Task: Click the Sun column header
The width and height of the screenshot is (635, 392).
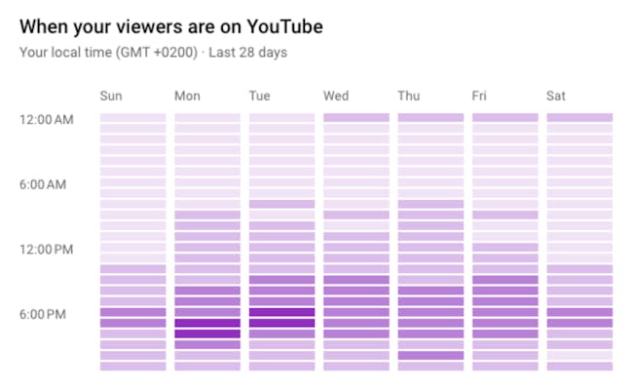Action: pyautogui.click(x=111, y=96)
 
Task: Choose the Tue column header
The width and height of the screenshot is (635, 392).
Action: pyautogui.click(x=259, y=96)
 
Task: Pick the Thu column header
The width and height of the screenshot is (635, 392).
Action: pyautogui.click(x=408, y=96)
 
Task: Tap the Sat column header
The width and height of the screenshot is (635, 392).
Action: pyautogui.click(x=556, y=96)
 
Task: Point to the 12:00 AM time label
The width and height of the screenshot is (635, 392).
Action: pyautogui.click(x=46, y=119)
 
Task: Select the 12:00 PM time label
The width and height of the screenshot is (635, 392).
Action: pyautogui.click(x=46, y=249)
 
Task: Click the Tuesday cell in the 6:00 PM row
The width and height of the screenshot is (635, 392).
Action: pyautogui.click(x=281, y=313)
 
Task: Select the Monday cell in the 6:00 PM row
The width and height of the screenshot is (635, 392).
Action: pyautogui.click(x=207, y=313)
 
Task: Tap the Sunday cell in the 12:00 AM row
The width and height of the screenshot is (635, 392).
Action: pyautogui.click(x=132, y=118)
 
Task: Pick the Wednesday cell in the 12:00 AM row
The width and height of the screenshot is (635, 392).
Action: pyautogui.click(x=356, y=118)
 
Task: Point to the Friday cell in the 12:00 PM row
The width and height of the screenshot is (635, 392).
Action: pyautogui.click(x=504, y=248)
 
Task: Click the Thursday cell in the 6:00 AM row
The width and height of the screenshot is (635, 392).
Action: pyautogui.click(x=430, y=183)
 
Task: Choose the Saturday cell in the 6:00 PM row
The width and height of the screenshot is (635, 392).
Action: pyautogui.click(x=579, y=313)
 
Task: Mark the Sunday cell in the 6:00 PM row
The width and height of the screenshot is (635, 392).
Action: pyautogui.click(x=132, y=313)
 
